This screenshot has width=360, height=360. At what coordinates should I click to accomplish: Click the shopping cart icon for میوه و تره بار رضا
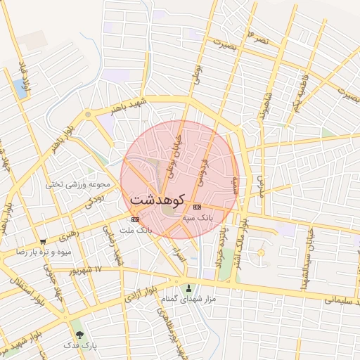tap(44, 241)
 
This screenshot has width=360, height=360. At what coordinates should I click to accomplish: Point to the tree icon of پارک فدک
tap(78, 334)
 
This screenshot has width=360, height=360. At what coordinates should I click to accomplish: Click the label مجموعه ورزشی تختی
tap(78, 185)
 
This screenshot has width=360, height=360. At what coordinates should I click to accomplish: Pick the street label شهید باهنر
tap(127, 105)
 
